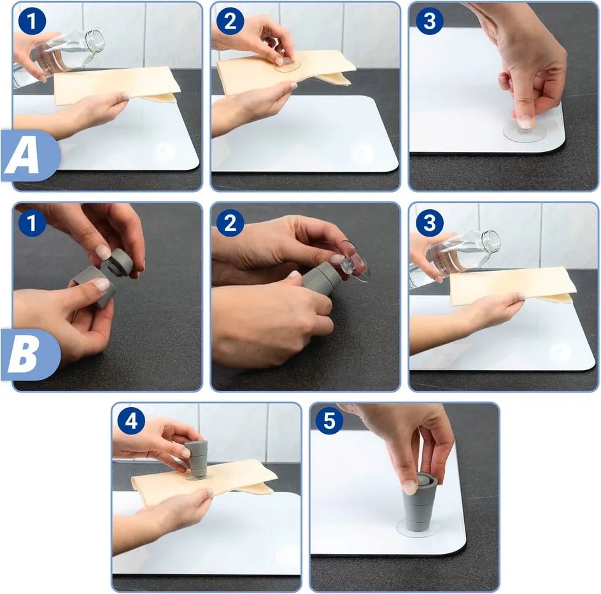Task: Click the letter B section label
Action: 23,355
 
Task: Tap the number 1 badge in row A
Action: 32,21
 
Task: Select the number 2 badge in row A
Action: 230,21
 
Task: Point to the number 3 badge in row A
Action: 429,21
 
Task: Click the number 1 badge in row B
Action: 32,223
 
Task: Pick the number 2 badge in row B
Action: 230,223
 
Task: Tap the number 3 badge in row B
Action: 429,223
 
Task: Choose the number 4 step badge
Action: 131,420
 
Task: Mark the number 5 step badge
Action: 329,420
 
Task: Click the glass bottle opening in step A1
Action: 96,40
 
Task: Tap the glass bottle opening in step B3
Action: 492,240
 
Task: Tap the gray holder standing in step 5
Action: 417,502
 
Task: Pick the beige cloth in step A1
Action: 117,85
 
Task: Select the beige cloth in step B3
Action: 513,286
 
